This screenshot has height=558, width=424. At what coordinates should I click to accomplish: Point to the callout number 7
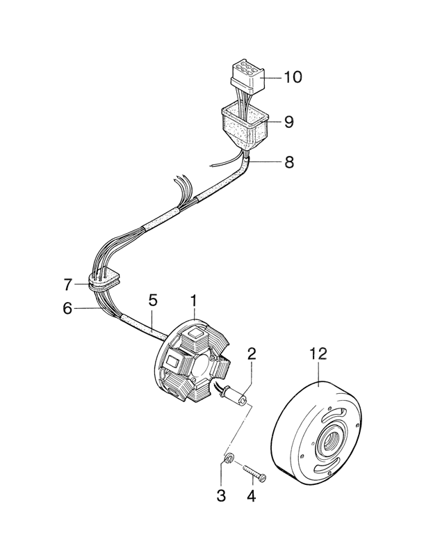click(x=67, y=285)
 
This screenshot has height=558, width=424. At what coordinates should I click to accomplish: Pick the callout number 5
click(x=153, y=301)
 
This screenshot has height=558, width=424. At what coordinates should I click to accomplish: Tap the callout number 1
click(x=194, y=301)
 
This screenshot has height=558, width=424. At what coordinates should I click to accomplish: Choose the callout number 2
click(x=252, y=353)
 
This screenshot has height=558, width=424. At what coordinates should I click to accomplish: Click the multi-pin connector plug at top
click(x=246, y=76)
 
